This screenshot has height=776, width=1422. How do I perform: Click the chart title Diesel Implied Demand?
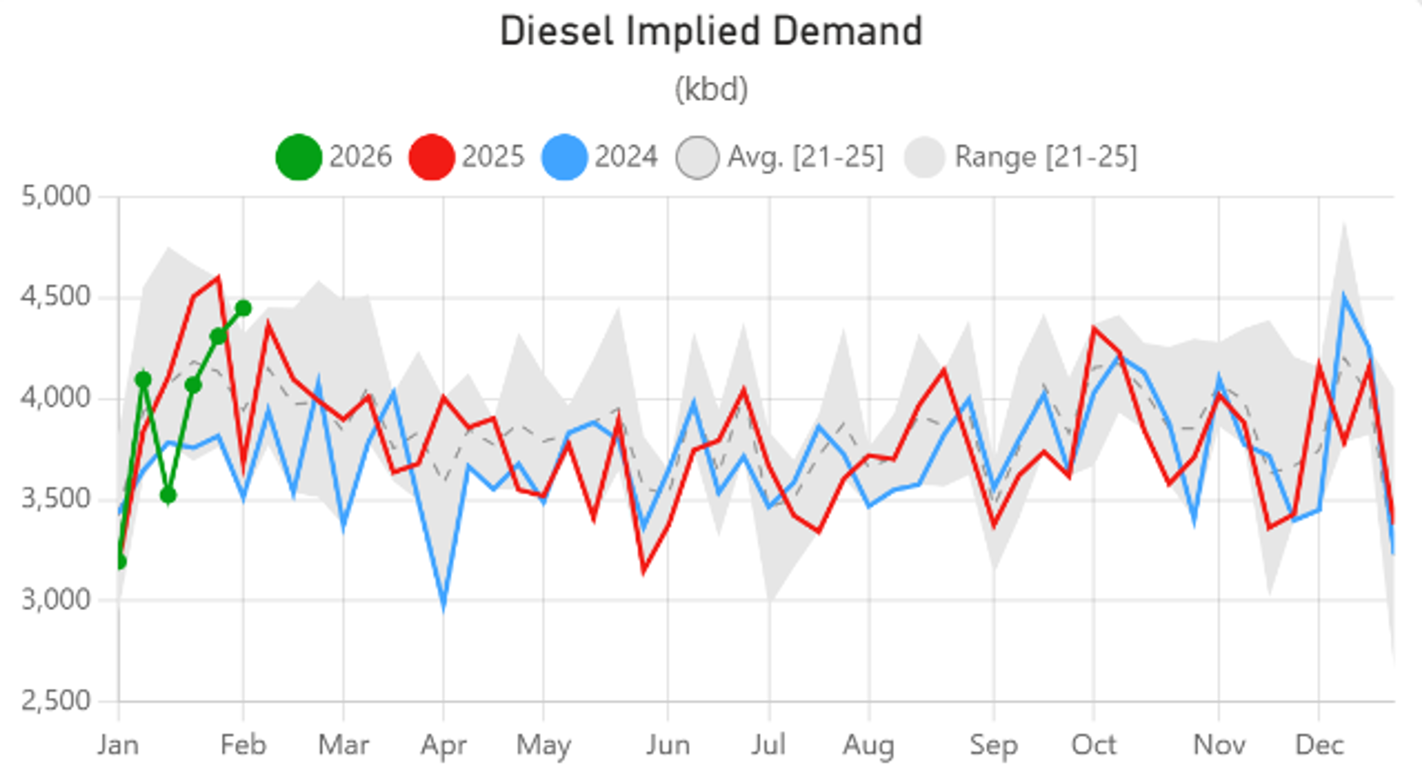coord(711,31)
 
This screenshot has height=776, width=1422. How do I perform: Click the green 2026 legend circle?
coord(298,157)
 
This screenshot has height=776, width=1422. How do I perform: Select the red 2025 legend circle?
coord(431,157)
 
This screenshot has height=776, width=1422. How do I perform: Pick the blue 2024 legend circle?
coord(564,157)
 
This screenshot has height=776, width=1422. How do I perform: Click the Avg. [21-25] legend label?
coord(805,157)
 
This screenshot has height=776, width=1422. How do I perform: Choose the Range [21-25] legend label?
coord(1045,157)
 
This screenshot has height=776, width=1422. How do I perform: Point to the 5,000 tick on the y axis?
coord(55,196)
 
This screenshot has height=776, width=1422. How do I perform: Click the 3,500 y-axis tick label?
coord(55,499)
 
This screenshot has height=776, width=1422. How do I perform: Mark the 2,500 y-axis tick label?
coord(55,701)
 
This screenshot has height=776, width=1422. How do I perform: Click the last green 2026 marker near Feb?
coord(243,308)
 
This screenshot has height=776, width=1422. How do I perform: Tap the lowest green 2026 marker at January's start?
coord(120,562)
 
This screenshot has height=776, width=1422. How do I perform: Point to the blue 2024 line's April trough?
coord(444,607)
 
